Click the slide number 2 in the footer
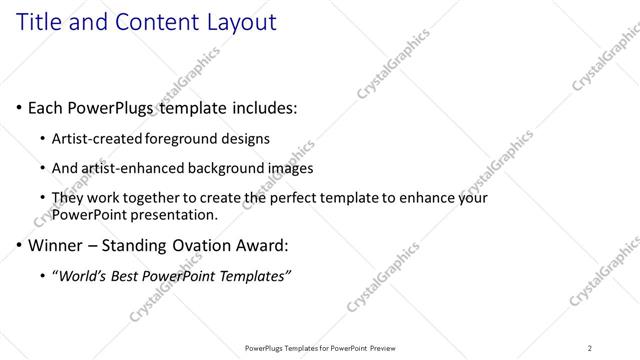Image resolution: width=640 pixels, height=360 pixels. (590, 348)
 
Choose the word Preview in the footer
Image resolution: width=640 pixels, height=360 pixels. (379, 348)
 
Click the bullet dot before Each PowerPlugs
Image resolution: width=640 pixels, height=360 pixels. (19, 107)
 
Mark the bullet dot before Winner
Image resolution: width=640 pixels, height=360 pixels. (19, 245)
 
